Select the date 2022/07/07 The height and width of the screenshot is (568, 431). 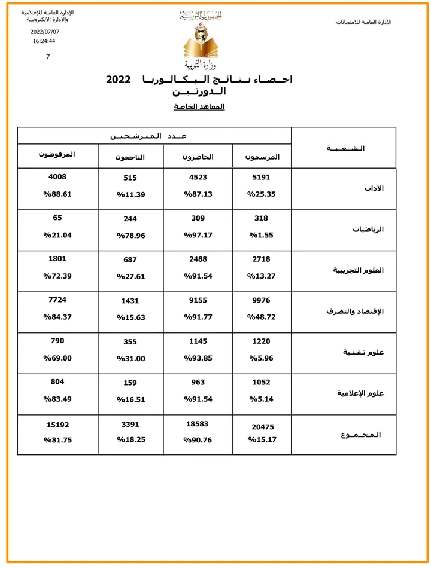point(45,32)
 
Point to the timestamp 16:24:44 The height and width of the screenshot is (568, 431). point(44,41)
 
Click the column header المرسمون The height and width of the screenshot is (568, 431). point(262,157)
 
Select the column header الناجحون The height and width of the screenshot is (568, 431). point(130,157)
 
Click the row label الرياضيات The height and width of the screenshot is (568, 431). point(369,229)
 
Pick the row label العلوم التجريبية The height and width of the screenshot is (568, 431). point(358,270)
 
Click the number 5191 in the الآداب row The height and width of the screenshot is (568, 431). point(262,178)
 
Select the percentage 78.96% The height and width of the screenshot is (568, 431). point(130,235)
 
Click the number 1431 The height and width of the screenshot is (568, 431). point(130,301)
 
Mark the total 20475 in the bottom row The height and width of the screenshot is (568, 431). point(262,426)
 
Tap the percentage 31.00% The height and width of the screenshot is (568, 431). point(130,358)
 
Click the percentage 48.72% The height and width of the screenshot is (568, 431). point(262,317)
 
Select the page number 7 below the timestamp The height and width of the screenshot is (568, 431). point(48,57)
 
